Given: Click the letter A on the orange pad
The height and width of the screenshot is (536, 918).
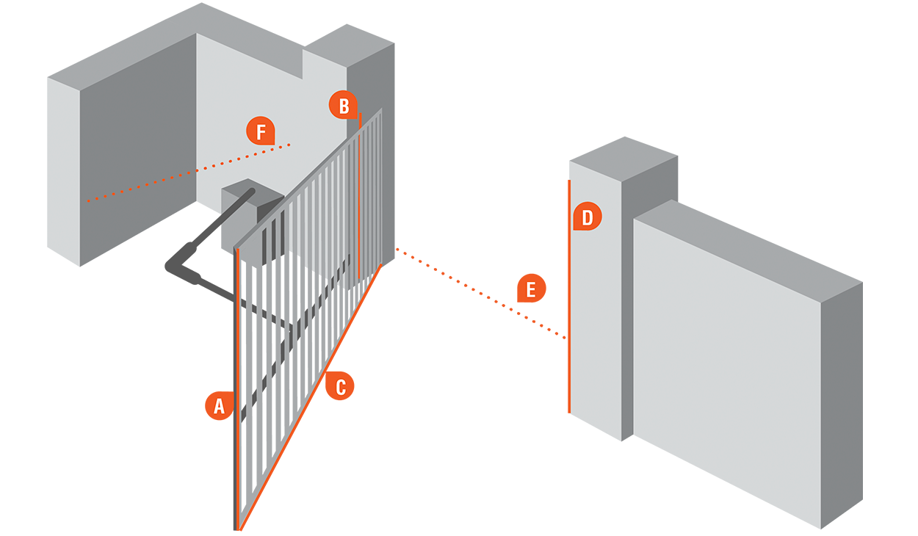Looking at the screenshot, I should (x=219, y=406).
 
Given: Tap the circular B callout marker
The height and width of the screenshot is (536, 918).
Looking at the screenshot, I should (x=343, y=105).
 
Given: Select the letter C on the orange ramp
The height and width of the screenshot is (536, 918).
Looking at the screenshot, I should (x=341, y=388).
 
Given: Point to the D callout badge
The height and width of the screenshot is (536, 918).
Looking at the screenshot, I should (x=587, y=217).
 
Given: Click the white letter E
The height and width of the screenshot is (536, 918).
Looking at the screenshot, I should (x=530, y=290).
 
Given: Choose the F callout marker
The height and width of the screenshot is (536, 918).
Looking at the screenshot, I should (x=259, y=132).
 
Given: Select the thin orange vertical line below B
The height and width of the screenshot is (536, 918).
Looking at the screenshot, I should (x=358, y=198).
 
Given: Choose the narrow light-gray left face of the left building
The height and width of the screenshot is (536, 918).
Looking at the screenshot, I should (x=63, y=213).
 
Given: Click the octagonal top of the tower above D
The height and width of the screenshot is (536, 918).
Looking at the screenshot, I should (x=624, y=110).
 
